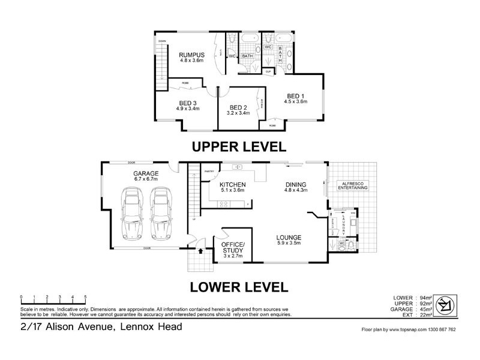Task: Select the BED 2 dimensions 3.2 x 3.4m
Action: (x=238, y=112)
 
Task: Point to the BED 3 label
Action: (x=187, y=103)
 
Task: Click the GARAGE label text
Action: (x=146, y=173)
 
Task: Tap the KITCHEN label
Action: (x=233, y=184)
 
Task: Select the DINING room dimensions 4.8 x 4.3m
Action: (x=296, y=190)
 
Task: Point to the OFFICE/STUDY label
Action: (x=233, y=248)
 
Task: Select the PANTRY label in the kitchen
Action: (x=209, y=171)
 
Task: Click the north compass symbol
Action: (x=446, y=305)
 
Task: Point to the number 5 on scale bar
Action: (x=85, y=297)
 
